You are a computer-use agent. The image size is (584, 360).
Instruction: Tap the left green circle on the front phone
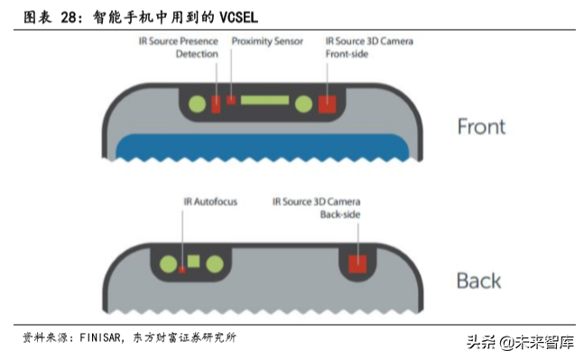(x=196, y=103)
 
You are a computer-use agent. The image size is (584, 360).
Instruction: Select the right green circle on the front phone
(x=303, y=104)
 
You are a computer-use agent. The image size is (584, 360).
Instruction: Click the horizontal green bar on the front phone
(x=264, y=100)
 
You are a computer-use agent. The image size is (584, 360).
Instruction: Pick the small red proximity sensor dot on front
(x=231, y=100)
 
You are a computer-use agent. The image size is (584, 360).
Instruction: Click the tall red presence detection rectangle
(x=216, y=103)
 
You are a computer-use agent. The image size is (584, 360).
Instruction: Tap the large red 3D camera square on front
(x=326, y=103)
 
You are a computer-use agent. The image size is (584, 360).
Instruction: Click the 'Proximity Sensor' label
(x=267, y=42)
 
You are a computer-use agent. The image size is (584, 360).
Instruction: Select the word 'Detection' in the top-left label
(x=197, y=54)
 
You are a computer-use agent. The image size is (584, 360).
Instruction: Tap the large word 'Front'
(x=481, y=126)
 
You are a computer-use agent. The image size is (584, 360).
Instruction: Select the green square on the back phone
(x=192, y=262)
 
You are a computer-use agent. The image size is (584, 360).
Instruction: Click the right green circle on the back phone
(x=215, y=263)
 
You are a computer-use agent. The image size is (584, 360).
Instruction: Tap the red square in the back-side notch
(x=358, y=263)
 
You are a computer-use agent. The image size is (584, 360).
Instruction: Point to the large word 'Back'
(x=478, y=280)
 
